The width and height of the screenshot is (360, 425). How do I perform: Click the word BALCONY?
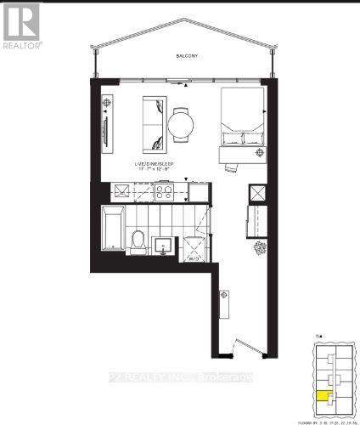pos(188,56)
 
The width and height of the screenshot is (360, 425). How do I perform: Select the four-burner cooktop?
pos(162,192)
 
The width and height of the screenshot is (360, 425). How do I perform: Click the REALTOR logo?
pos(20,25)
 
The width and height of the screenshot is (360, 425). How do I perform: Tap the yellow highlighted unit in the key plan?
pos(323,394)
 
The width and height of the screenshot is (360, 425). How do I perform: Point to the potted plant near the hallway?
pos(258,247)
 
